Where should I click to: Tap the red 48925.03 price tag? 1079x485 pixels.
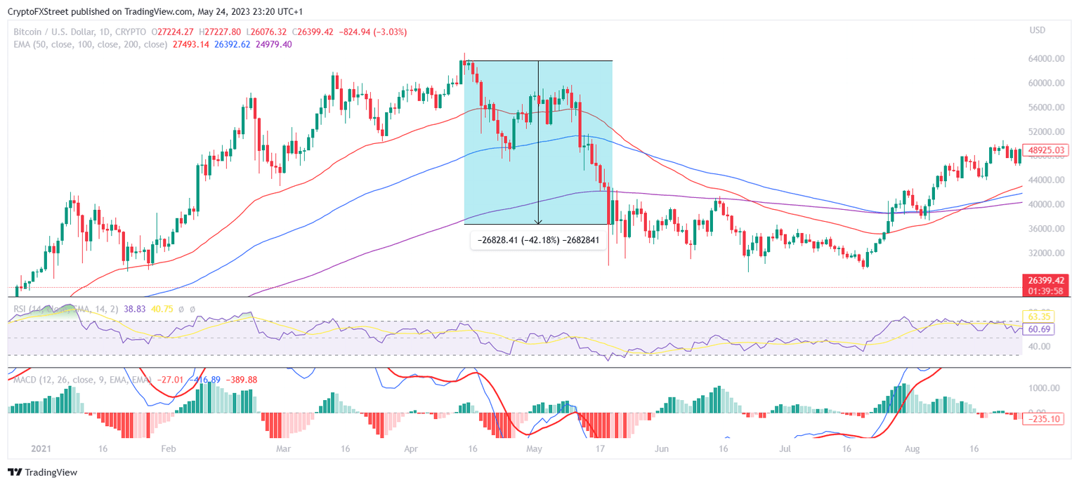(x=1046, y=150)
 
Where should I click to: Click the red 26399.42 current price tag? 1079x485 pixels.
(x=1046, y=279)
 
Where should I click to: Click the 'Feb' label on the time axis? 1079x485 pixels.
(x=169, y=448)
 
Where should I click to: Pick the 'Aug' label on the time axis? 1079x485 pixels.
(x=912, y=448)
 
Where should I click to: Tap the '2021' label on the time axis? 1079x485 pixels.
(x=22, y=448)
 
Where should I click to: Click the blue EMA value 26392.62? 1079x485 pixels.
(x=233, y=44)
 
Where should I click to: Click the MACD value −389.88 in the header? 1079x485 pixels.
(x=241, y=380)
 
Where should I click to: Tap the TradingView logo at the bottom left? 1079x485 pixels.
(x=43, y=472)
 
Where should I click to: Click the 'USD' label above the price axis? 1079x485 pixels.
(x=1037, y=30)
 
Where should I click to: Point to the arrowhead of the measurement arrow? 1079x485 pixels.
(x=538, y=222)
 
